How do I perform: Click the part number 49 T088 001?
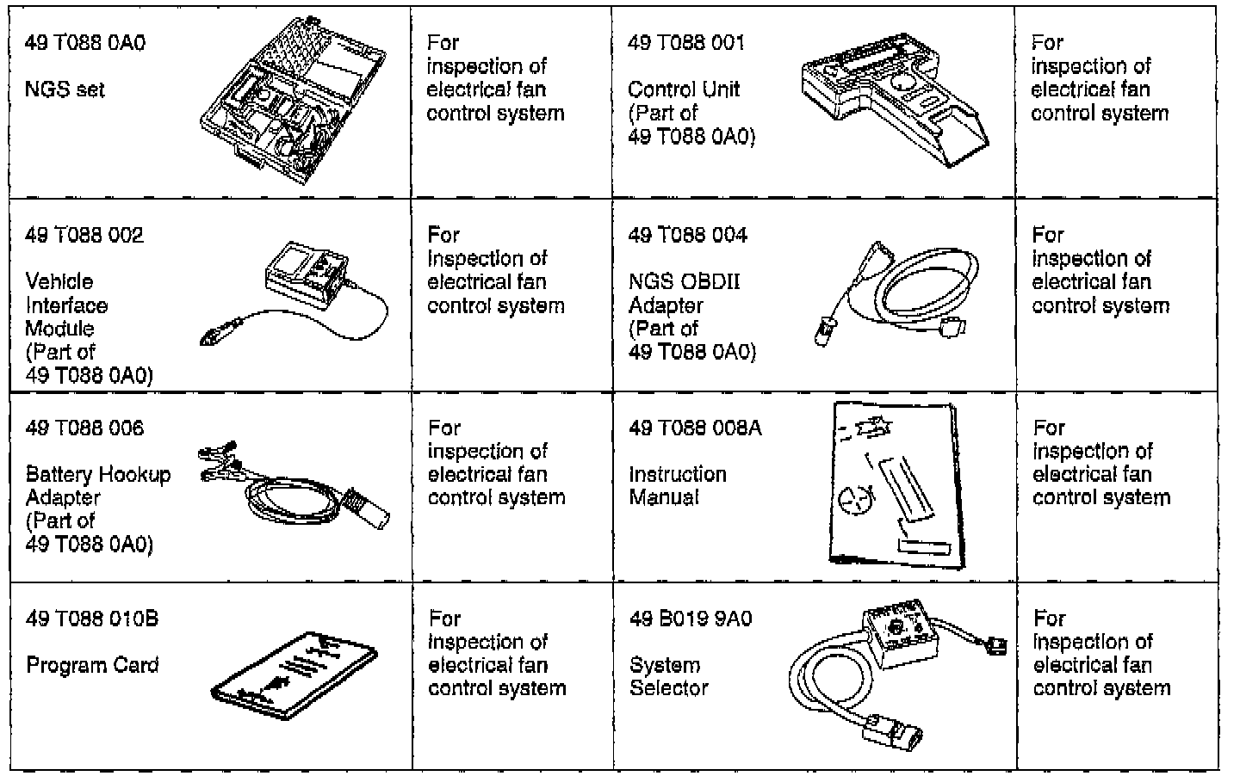(x=686, y=43)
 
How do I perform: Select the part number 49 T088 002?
(x=84, y=235)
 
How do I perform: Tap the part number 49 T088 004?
(x=687, y=235)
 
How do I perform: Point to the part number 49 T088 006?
(x=84, y=428)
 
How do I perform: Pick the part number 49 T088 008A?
(x=695, y=428)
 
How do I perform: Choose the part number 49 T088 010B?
(x=92, y=619)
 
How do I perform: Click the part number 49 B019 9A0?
(x=691, y=619)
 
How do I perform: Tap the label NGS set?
(x=65, y=89)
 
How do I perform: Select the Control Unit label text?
(x=684, y=89)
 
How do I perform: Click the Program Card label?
(x=92, y=666)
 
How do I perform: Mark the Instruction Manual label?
(x=678, y=485)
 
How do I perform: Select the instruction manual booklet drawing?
(x=896, y=486)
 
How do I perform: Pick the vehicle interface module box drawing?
(x=308, y=272)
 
